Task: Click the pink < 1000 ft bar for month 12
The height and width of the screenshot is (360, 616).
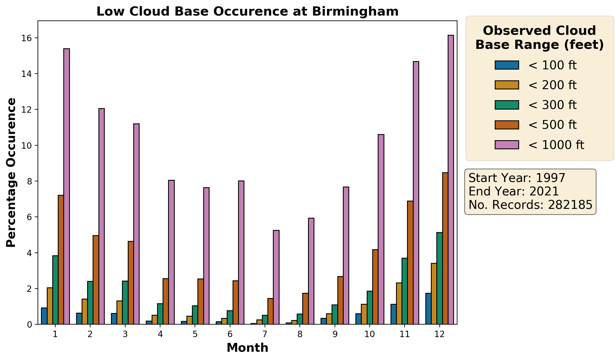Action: click(x=451, y=180)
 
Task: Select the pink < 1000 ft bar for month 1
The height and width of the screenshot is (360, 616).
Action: click(x=67, y=186)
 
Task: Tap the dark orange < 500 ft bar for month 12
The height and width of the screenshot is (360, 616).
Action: click(x=445, y=248)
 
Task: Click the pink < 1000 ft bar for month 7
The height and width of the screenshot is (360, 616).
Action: click(x=276, y=277)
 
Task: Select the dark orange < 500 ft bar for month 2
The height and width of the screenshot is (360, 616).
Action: click(x=96, y=280)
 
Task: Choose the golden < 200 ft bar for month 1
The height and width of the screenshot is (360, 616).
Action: click(x=50, y=306)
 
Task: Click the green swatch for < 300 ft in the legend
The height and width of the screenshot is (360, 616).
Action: click(x=507, y=105)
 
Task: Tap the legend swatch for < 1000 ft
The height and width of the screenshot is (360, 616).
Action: click(x=507, y=145)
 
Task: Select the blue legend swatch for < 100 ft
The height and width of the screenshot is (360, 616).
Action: click(x=507, y=65)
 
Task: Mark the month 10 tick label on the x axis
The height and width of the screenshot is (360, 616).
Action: click(x=369, y=334)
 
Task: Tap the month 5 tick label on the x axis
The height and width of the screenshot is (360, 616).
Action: click(x=195, y=334)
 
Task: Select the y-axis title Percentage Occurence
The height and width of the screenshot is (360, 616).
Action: click(x=11, y=173)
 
